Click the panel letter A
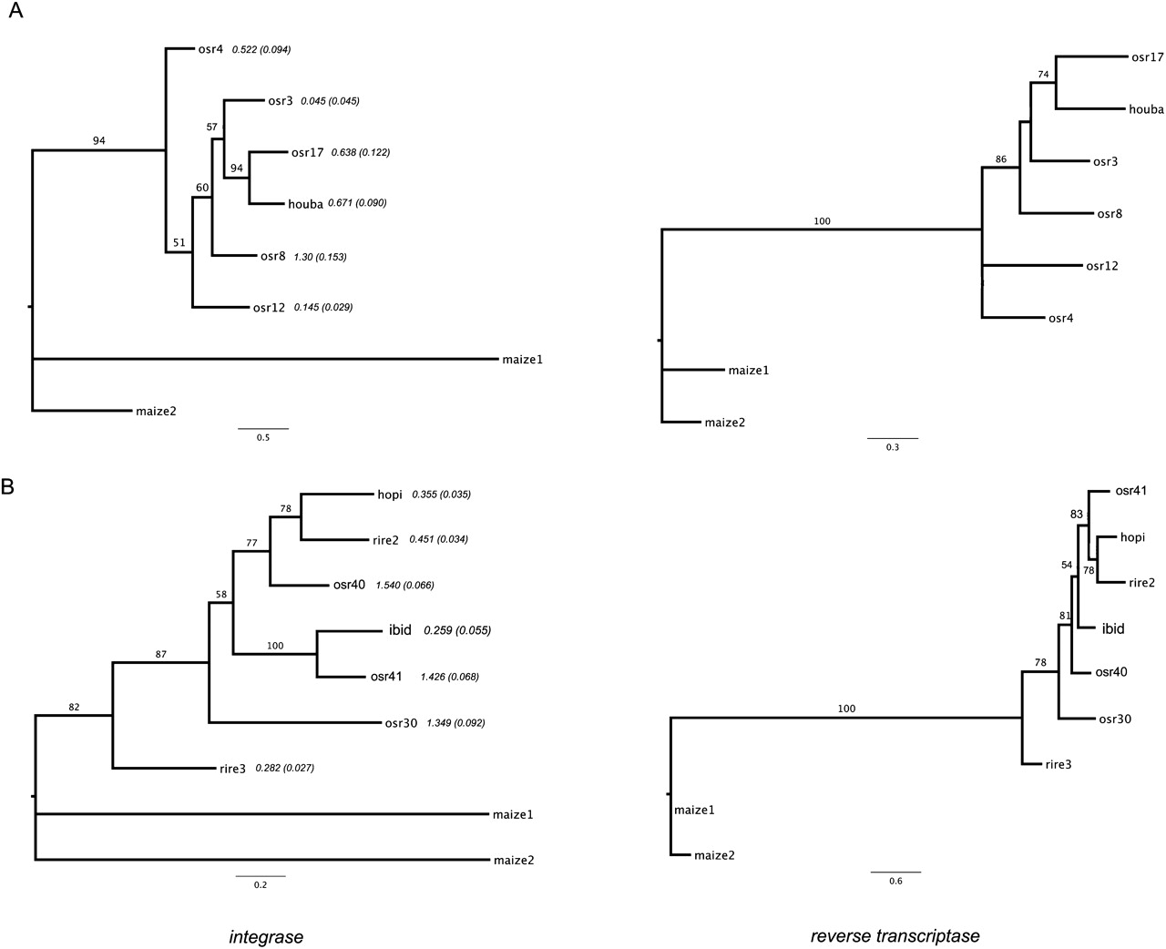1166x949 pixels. pos(15,17)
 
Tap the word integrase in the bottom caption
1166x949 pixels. pos(266,935)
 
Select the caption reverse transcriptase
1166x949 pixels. pos(895,935)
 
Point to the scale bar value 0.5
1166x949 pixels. pos(262,438)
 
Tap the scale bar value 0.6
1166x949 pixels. pos(895,882)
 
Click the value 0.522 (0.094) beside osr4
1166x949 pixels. pos(261,49)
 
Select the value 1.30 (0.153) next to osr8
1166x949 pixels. pos(320,257)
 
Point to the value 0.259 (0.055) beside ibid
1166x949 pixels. pos(457,630)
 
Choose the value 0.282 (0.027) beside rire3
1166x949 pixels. pos(285,769)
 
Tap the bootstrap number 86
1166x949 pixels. pos(1000,159)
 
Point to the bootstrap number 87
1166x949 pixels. pos(161,654)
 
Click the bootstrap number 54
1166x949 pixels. pos(1067,565)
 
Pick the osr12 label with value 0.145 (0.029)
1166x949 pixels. pos(270,308)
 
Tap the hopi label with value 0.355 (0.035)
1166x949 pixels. pos(390,495)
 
